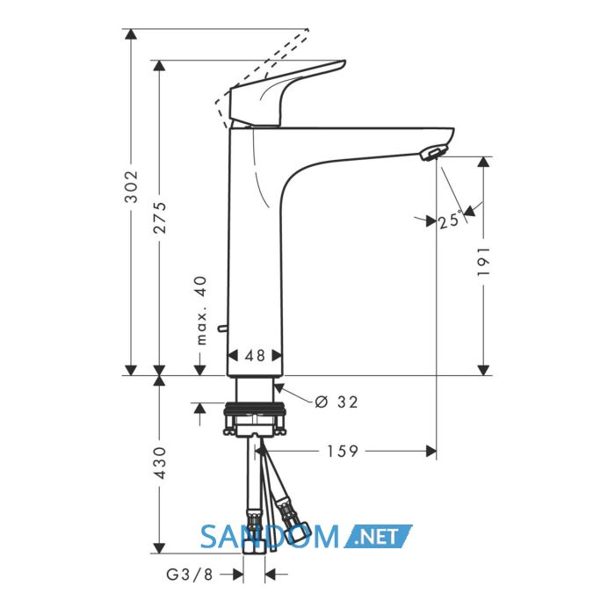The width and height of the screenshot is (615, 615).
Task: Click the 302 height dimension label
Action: pyautogui.click(x=131, y=186)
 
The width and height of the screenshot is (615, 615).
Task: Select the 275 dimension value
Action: pyautogui.click(x=160, y=218)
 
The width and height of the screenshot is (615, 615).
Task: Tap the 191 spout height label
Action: pyautogui.click(x=483, y=261)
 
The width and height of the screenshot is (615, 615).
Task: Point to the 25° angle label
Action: pyautogui.click(x=451, y=220)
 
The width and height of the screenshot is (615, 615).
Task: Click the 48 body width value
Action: pyautogui.click(x=255, y=356)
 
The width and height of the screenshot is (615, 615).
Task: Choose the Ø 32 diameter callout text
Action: pyautogui.click(x=336, y=402)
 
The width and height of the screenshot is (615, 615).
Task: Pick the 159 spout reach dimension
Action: pyautogui.click(x=343, y=451)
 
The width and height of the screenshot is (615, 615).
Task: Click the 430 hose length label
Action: pyautogui.click(x=160, y=462)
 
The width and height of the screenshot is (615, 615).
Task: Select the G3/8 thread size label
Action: pyautogui.click(x=190, y=575)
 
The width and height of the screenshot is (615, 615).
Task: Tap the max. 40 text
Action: pyautogui.click(x=201, y=310)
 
